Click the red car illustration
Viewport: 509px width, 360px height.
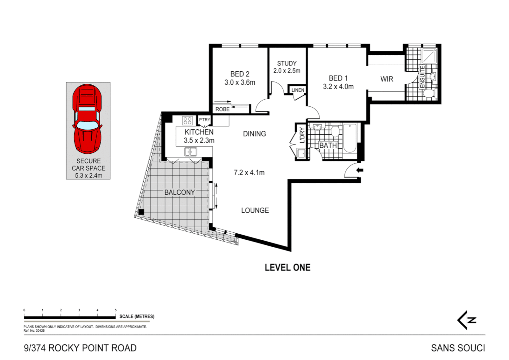(87, 119)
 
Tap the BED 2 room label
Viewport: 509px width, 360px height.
(240, 74)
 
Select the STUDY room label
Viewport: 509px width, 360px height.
(286, 63)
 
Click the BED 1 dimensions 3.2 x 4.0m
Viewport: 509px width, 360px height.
(338, 87)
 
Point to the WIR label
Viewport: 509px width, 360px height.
(387, 79)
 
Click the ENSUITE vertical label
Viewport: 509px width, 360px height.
(422, 77)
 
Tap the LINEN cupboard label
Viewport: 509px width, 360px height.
(297, 90)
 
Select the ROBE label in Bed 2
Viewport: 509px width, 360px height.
(222, 109)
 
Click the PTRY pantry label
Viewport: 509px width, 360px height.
(205, 120)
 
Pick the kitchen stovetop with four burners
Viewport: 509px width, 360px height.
(187, 121)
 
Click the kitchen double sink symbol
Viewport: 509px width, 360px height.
(191, 152)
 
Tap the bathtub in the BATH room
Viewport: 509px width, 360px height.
(350, 138)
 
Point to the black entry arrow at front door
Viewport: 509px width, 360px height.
(360, 170)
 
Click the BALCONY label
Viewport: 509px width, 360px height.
(180, 192)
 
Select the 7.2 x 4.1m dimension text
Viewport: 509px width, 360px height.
(249, 173)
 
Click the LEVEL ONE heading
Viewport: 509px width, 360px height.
(287, 267)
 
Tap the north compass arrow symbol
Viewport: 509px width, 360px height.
(466, 320)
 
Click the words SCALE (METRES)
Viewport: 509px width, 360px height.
(137, 316)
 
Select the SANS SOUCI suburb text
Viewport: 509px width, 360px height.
(458, 348)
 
